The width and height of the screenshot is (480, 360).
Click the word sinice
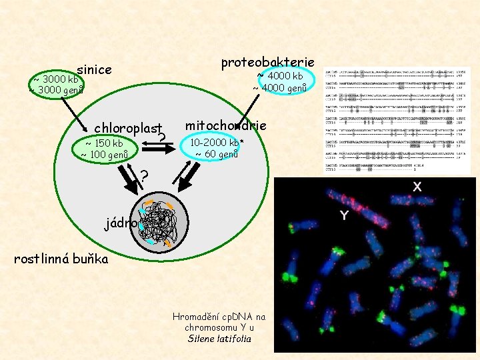[x=94, y=69]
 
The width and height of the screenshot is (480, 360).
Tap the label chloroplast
[x=129, y=127]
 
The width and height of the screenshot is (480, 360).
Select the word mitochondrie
[x=226, y=125]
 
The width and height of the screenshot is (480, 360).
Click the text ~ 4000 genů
[x=279, y=87]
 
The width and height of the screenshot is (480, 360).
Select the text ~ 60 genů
[x=216, y=154]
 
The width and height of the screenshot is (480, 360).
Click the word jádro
[x=121, y=223]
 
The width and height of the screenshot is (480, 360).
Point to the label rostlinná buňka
[x=61, y=258]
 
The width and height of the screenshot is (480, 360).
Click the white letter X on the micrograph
[x=417, y=187]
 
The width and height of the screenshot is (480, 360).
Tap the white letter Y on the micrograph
[x=344, y=215]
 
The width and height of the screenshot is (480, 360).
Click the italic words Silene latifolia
[x=220, y=339]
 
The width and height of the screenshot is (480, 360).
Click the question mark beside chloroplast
[x=163, y=138]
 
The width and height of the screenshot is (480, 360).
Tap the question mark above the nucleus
[x=143, y=177]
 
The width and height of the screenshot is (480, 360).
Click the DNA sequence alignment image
[x=397, y=120]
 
